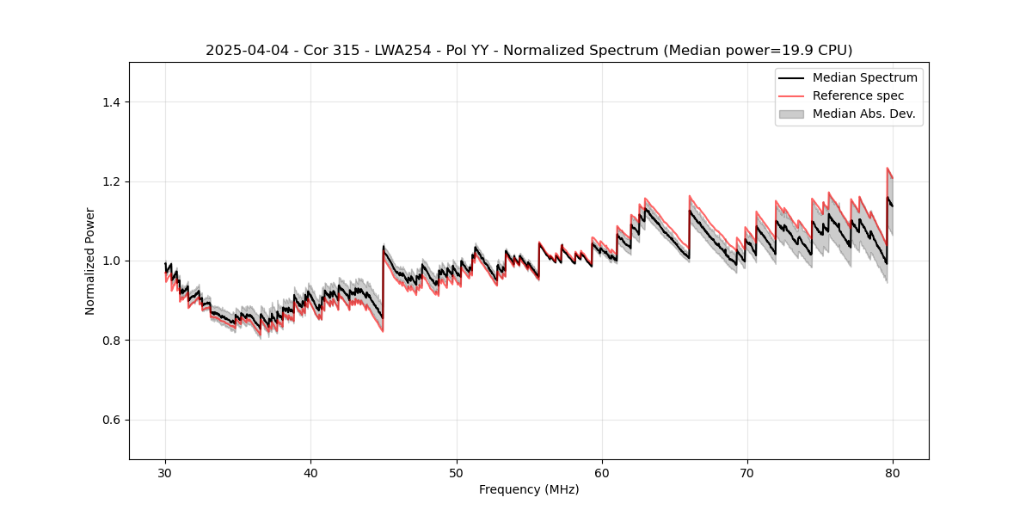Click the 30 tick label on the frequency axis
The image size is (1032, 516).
pyautogui.click(x=165, y=472)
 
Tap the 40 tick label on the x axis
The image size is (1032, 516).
pyautogui.click(x=310, y=472)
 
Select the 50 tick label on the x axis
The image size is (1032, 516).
pyautogui.click(x=457, y=472)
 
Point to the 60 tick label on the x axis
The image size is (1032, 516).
pyautogui.click(x=602, y=472)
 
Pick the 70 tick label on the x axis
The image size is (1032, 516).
pyautogui.click(x=747, y=472)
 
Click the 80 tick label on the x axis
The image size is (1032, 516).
pyautogui.click(x=893, y=472)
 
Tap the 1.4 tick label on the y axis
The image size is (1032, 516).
pyautogui.click(x=111, y=102)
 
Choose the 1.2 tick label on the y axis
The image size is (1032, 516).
pyautogui.click(x=111, y=181)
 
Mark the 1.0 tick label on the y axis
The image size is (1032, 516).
pyautogui.click(x=111, y=261)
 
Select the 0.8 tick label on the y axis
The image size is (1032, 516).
pyautogui.click(x=111, y=341)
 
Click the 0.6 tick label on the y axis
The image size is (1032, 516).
pyautogui.click(x=111, y=420)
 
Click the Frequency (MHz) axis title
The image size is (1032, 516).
pyautogui.click(x=529, y=489)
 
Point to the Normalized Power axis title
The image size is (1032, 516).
pyautogui.click(x=90, y=261)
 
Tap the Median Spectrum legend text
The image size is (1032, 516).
pyautogui.click(x=864, y=77)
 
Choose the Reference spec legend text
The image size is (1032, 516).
pyautogui.click(x=857, y=95)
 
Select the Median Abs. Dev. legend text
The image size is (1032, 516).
pyautogui.click(x=863, y=114)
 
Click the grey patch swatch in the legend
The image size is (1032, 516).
pyautogui.click(x=791, y=114)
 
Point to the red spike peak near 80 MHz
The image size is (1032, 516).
pyautogui.click(x=888, y=169)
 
